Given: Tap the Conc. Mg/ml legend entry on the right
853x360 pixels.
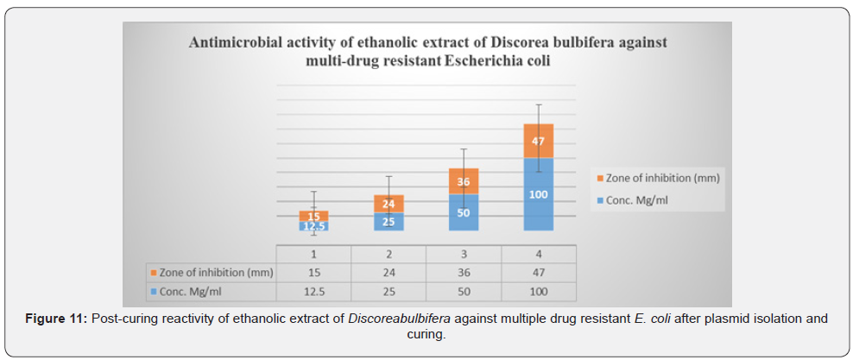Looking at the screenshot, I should [636, 200].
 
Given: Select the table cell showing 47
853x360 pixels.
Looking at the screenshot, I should [538, 273].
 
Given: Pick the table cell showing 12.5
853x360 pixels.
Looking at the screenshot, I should [313, 291].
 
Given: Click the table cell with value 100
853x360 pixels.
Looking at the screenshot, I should [538, 291].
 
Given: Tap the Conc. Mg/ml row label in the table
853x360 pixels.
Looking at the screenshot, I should [192, 291].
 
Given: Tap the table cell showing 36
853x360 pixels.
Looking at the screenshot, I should [464, 273].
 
